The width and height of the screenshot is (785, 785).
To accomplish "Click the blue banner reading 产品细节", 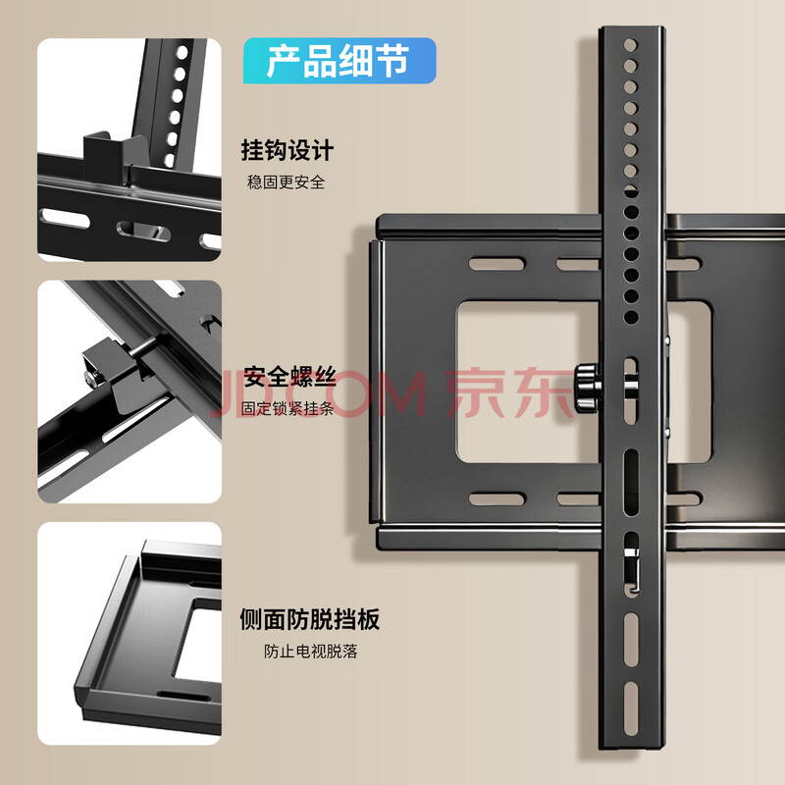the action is [x=340, y=61].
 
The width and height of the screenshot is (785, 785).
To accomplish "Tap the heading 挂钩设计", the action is [x=288, y=150].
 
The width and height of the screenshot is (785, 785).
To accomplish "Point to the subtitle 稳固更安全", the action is [x=286, y=183].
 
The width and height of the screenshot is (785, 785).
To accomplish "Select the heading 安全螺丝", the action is [x=289, y=377].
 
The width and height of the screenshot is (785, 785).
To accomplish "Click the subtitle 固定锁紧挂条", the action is [x=288, y=408].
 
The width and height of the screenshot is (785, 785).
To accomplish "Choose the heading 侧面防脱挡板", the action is [x=310, y=619].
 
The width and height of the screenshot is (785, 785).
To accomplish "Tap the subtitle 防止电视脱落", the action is [x=310, y=652].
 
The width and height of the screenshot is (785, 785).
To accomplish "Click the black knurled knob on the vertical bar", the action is [x=587, y=388].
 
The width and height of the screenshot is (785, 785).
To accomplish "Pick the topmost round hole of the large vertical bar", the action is [x=630, y=45].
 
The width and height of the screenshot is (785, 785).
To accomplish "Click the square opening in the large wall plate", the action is [x=528, y=382].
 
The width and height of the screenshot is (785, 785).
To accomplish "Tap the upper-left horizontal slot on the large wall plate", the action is [x=497, y=264].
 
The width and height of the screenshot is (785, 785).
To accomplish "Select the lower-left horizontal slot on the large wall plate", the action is [x=497, y=498].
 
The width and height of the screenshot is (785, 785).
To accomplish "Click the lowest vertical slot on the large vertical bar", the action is [x=631, y=702].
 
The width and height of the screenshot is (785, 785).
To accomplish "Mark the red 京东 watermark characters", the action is [x=509, y=393].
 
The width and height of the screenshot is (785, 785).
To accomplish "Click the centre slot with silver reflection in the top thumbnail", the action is [x=143, y=231].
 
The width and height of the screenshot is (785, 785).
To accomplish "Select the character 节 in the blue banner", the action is [x=392, y=61].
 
